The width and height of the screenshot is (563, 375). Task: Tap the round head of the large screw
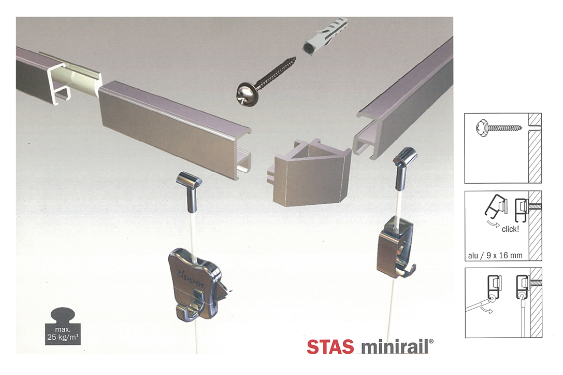coord(245,93)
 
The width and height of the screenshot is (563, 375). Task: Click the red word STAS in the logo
coord(330,346)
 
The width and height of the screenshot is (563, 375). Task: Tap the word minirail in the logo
coord(395,346)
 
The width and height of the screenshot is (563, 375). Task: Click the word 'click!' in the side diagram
coord(510,229)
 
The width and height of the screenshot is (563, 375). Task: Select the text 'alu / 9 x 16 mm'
coord(495,255)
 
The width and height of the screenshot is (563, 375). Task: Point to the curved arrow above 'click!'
coord(493,225)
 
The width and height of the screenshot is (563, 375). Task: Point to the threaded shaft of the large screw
coord(276,73)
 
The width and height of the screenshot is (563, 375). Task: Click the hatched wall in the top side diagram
coord(535,148)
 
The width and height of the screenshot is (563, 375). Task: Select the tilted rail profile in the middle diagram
coord(496,206)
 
